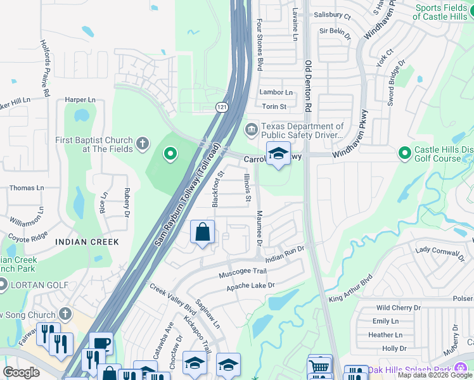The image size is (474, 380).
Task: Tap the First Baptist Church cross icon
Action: click(142, 144)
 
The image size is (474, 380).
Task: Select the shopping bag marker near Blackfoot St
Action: click(202, 232)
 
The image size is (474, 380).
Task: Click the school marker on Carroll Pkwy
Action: click(278, 154)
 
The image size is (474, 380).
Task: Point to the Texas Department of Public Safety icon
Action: click(252, 130)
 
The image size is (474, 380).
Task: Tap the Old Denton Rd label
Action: click(308, 87)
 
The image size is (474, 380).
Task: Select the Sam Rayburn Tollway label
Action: click(188, 194)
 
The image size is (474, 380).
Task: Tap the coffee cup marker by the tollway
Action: click(101, 343)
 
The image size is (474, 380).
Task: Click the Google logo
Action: click(22, 372)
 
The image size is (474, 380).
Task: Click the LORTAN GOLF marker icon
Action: click(2, 285)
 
